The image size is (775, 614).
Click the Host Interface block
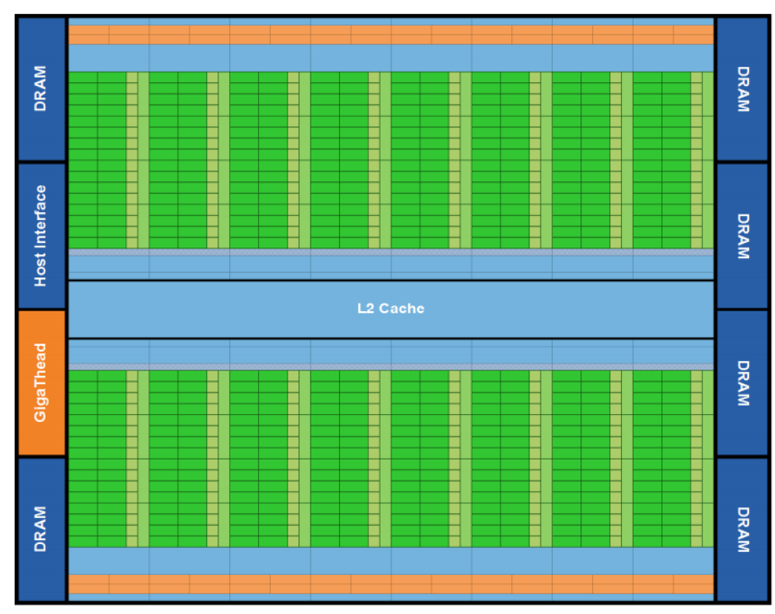point(41,235)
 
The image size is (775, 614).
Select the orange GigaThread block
point(41,383)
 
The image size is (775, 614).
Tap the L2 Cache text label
point(391,308)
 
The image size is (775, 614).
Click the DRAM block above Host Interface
point(41,88)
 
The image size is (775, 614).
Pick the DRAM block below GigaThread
point(41,529)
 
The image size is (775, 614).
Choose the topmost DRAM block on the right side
point(742,88)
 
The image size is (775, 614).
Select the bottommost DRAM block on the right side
point(742,529)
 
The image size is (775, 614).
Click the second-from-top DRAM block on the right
point(742,235)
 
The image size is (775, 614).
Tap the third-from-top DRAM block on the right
point(742,383)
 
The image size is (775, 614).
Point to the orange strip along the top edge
point(391,35)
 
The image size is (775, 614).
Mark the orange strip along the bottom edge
point(391,584)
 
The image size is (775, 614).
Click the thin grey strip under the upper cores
point(391,252)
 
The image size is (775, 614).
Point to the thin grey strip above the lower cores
point(391,367)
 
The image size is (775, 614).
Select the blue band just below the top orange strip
point(391,58)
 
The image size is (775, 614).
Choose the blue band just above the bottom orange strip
point(391,560)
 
